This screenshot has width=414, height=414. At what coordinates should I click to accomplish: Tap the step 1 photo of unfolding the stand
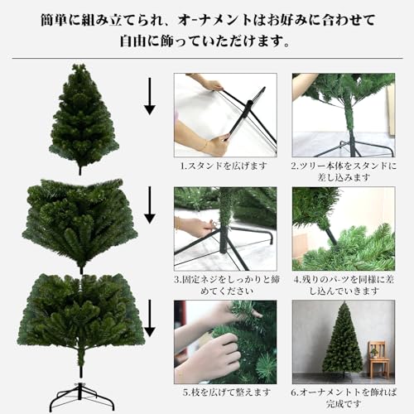224,114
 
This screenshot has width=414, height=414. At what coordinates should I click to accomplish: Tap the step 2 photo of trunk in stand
342,114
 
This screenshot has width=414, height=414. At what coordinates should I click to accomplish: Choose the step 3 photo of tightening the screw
224,228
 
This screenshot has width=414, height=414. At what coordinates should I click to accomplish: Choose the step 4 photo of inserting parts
342,228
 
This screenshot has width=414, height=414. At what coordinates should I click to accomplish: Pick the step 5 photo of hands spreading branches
224,341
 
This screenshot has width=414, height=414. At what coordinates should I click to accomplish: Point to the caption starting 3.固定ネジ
224,284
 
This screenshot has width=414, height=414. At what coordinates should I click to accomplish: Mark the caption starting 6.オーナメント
342,396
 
